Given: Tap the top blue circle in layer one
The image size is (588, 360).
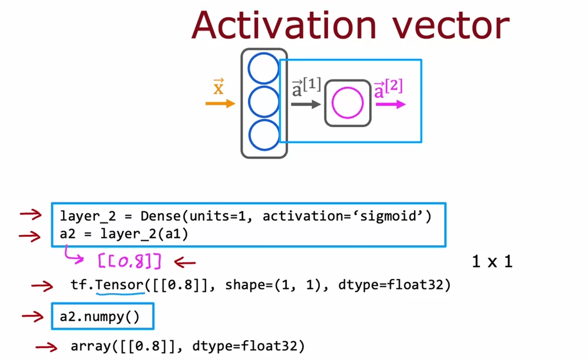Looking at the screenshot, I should point(264,68).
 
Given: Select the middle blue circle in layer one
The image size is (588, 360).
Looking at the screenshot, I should point(264,102).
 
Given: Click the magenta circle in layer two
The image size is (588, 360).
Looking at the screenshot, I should point(347,103).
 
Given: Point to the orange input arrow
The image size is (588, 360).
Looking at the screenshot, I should point(220,104).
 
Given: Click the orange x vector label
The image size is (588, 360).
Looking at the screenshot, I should point(218,87).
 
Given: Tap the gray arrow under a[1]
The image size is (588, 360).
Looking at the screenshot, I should point(306,104).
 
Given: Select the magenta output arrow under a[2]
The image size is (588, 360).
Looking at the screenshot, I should point(390,104).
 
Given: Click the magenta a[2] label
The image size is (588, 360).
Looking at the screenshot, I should point(388,89).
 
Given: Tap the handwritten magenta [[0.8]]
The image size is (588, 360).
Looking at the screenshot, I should point(129,261).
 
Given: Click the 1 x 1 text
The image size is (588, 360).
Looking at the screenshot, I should point(492,261).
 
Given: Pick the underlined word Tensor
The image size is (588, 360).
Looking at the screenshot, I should point(120,285).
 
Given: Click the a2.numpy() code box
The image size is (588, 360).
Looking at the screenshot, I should point(102,316).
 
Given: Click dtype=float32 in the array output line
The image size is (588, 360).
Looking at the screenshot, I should point(248,346).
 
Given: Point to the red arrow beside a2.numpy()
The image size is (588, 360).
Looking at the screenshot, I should point(33,316).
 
